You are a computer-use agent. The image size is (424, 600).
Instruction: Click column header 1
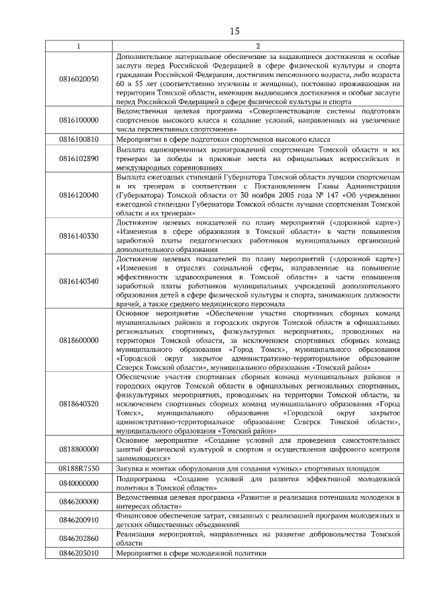(78, 46)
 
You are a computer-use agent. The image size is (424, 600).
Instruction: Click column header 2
(257, 46)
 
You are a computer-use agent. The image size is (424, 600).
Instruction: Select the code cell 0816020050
(78, 79)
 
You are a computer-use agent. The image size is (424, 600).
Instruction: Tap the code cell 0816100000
(78, 121)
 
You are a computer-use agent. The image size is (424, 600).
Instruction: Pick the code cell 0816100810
(78, 140)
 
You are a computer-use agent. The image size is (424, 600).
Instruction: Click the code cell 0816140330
(78, 236)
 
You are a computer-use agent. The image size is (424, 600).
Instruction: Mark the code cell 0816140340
(78, 281)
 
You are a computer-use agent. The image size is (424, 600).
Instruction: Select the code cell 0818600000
(78, 340)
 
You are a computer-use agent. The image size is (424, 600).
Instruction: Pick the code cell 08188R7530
(78, 468)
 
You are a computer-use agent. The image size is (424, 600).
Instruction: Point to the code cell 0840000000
(78, 483)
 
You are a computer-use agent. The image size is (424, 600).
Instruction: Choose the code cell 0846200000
(78, 502)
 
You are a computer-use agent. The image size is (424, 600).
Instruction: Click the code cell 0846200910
(78, 520)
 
